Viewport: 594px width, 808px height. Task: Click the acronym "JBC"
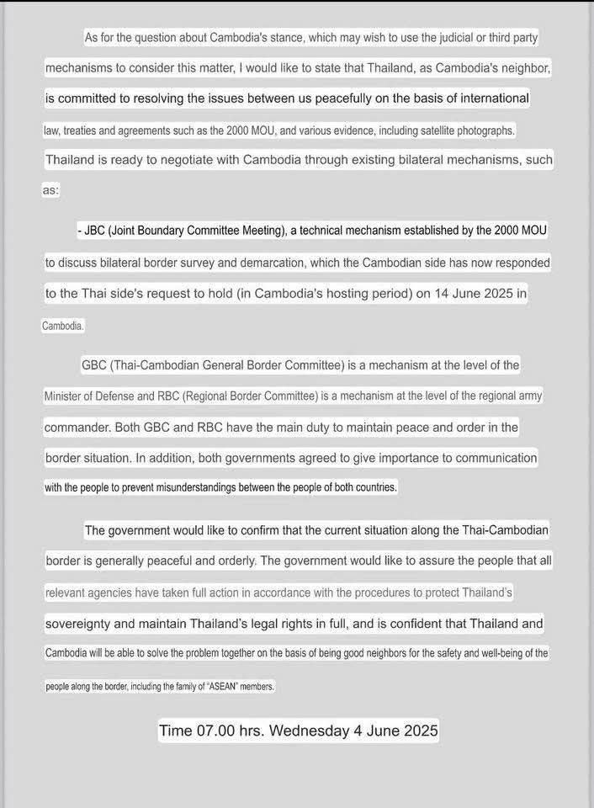(x=97, y=230)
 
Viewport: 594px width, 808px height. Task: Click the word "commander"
(x=77, y=428)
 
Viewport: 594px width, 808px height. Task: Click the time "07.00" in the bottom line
(x=215, y=731)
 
